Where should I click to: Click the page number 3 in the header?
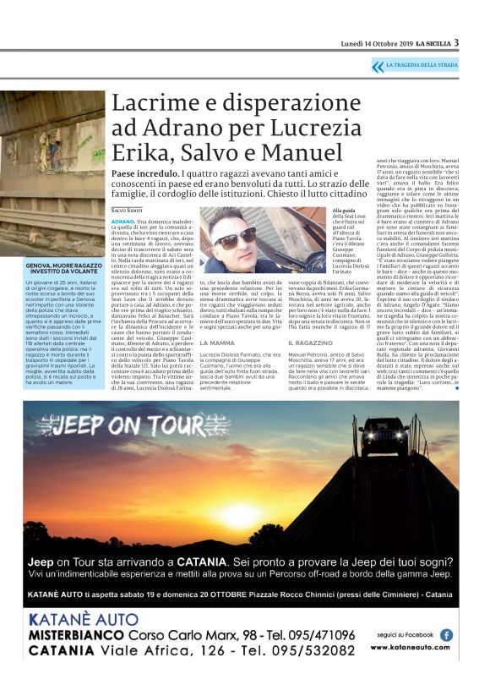456,42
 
